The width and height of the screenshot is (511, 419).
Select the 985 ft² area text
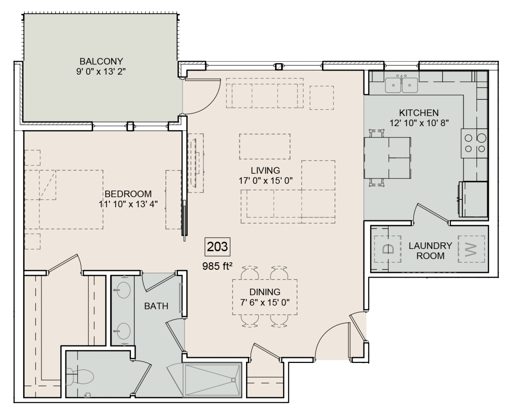click(217, 267)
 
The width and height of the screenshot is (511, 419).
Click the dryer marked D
click(388, 249)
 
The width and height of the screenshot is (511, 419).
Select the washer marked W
click(471, 249)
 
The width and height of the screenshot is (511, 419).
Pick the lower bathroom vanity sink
click(123, 330)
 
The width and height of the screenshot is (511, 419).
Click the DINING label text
click(265, 292)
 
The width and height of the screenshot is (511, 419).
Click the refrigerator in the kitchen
click(473, 199)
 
